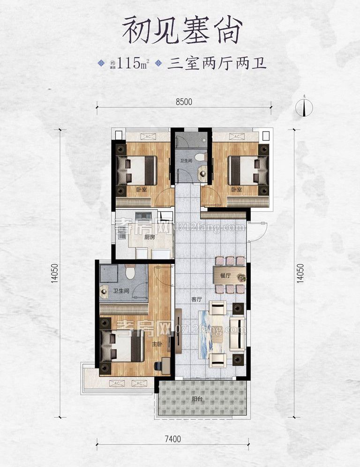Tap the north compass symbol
(305, 108)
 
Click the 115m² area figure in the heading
(133, 63)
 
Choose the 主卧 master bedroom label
(157, 344)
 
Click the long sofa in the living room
(237, 333)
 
